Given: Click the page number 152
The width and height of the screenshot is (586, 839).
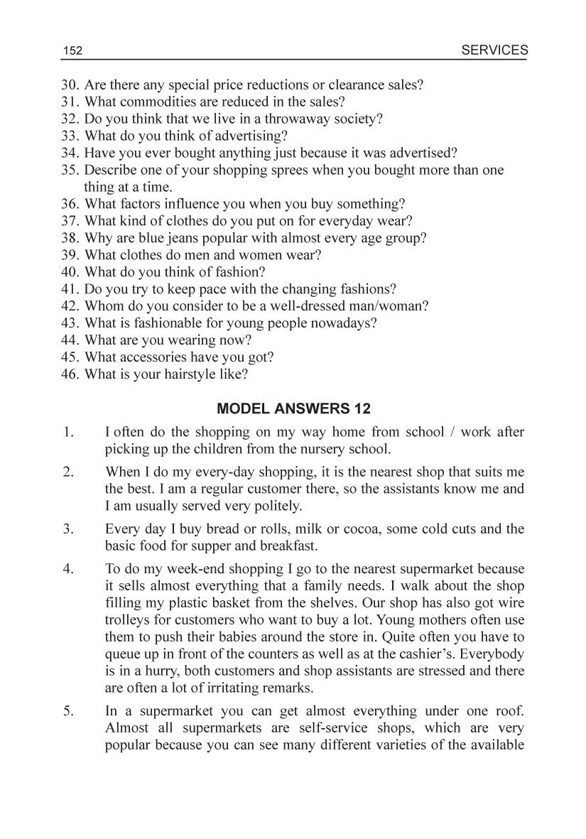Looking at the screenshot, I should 73,51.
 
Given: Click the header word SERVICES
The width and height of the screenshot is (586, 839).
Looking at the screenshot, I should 494,50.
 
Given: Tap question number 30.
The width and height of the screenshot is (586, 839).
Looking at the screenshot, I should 70,85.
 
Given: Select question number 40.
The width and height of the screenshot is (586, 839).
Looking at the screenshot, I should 70,272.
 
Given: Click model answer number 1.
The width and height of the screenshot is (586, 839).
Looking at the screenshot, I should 68,432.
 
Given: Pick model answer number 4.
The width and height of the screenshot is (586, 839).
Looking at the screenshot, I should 68,568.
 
